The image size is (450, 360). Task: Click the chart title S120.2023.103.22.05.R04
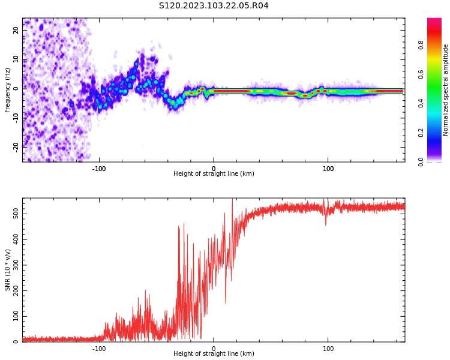point(214,6)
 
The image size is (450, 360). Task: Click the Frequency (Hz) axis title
point(8,90)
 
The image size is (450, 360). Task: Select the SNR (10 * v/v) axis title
point(8,270)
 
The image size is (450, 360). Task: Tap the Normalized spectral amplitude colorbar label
point(446,90)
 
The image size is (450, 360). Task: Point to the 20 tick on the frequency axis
point(16,31)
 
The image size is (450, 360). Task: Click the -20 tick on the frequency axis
point(16,146)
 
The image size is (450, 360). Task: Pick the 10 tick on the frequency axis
point(16,59)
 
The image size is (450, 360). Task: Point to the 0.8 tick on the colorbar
point(421,45)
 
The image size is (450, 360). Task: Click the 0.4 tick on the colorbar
point(421,103)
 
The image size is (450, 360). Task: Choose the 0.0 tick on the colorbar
point(421,161)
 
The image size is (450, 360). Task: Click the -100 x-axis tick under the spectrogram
point(99,169)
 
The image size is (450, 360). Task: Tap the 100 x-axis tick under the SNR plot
point(328,349)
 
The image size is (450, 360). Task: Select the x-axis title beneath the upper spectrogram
point(214,174)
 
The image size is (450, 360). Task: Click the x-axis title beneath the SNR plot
point(214,354)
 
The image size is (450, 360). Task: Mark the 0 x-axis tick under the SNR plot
point(214,349)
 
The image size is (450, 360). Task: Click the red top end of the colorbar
point(434,21)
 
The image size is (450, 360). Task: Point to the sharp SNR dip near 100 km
point(326,224)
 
